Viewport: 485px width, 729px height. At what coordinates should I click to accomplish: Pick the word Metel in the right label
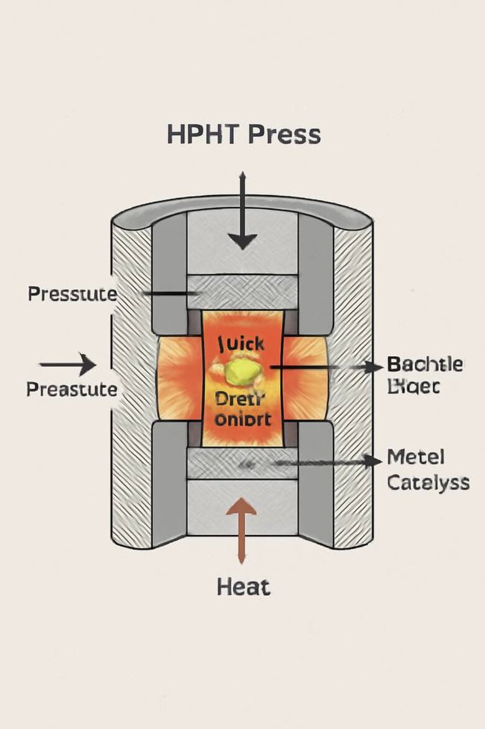point(415,458)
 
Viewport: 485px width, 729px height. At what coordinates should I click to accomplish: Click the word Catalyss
point(428,482)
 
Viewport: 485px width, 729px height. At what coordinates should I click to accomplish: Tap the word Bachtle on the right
point(425,364)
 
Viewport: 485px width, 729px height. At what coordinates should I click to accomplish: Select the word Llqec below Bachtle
point(413,387)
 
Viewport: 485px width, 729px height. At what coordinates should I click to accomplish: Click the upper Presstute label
point(72,293)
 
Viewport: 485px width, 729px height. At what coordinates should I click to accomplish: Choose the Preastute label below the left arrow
point(72,390)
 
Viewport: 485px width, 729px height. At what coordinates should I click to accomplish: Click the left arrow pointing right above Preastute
point(68,364)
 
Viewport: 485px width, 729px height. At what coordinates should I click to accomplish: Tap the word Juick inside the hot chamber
point(241,343)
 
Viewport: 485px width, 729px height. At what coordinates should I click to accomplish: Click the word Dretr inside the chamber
point(240,399)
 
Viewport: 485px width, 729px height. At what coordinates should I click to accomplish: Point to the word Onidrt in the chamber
point(242,419)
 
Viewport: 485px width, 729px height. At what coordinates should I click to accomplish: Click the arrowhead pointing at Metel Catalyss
point(372,461)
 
